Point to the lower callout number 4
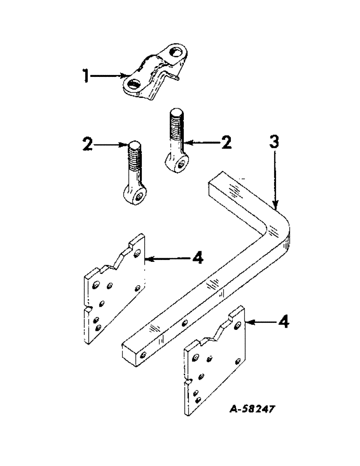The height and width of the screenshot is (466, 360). [x=283, y=322]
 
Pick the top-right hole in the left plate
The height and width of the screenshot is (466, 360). [x=137, y=253]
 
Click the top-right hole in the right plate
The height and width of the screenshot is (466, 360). [x=238, y=323]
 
